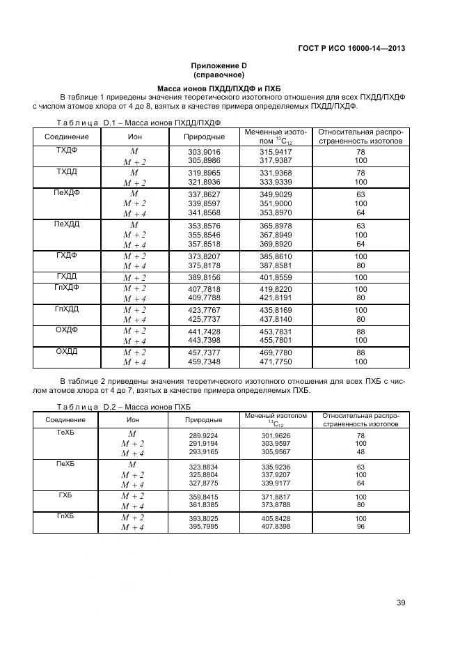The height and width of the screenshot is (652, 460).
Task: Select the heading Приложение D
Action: click(219, 65)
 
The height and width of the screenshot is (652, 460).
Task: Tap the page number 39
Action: click(401, 603)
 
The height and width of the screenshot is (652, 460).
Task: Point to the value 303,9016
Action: click(204, 151)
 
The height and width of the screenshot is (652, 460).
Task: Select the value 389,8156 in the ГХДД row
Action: click(204, 277)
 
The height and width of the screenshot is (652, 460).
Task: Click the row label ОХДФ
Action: click(66, 330)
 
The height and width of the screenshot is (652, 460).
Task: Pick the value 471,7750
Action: click(276, 362)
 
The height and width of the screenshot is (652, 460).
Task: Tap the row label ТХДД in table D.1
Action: click(66, 171)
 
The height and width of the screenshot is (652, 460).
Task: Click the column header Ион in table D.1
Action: click(134, 137)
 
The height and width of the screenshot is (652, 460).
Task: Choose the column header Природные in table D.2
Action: click(203, 420)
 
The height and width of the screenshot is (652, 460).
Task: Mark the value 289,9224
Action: click(203, 435)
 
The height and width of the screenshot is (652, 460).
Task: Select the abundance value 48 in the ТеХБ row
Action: click(360, 451)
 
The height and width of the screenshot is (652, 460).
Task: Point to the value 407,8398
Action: click(276, 526)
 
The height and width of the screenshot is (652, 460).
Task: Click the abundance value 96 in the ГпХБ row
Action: click(360, 526)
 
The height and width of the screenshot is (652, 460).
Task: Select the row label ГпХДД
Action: click(66, 309)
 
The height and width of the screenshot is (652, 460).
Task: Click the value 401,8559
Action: click(276, 277)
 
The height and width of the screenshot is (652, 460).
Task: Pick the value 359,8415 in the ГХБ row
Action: click(203, 496)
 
